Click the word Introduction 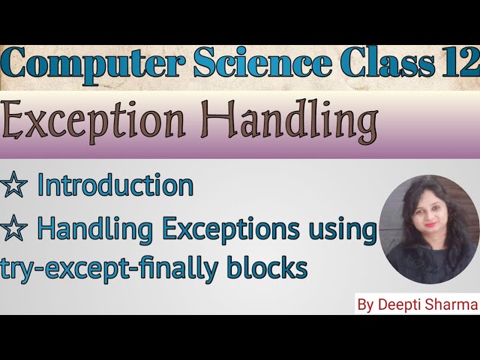click(x=115, y=186)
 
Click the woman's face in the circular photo click(x=423, y=220)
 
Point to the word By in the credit click(x=367, y=306)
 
